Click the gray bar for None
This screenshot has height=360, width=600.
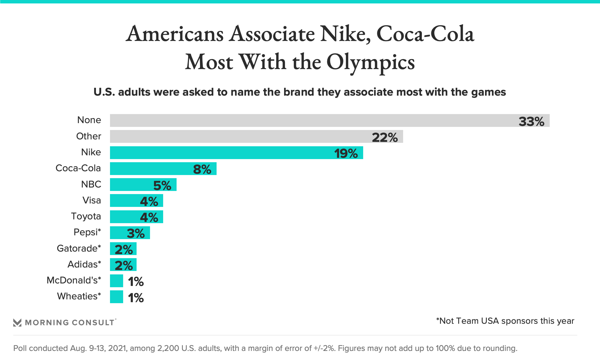point(312,121)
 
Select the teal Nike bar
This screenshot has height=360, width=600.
point(219,153)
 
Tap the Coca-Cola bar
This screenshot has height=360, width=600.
point(150,169)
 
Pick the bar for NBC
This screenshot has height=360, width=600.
point(131,185)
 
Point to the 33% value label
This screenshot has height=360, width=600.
point(531,121)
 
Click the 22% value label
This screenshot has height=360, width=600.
point(385,137)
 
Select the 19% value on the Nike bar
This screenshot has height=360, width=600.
point(346,153)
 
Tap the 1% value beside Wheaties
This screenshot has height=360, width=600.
point(136,297)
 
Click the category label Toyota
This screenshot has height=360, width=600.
point(86,216)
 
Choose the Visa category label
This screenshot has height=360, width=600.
point(92,200)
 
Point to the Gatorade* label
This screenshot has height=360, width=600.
point(79,248)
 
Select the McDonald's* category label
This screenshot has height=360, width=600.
point(74,280)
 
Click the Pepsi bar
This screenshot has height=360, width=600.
point(119,233)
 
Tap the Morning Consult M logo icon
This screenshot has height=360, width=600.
point(17,322)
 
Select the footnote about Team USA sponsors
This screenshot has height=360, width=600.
point(505,321)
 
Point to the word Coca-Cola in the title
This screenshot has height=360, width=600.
point(425,34)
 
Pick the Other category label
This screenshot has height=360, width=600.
point(89,136)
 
